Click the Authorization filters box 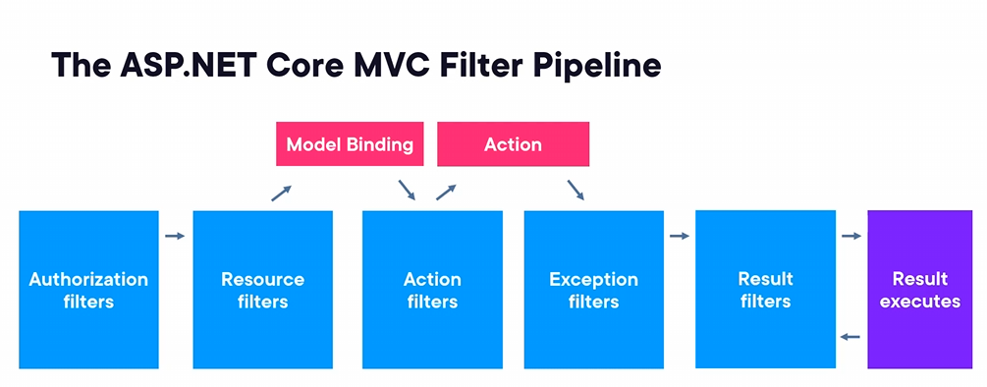88,290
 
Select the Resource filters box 262,290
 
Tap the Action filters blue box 432,290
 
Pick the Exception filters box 593,290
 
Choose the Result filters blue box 765,290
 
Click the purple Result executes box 919,290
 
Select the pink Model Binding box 350,144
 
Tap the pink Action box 513,144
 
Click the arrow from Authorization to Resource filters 175,236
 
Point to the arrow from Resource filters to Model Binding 282,193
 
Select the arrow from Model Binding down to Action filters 407,190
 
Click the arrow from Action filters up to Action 446,193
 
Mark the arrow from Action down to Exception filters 576,190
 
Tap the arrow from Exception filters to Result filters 680,236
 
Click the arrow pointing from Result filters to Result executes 851,236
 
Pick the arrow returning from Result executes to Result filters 851,337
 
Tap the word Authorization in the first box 88,279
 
